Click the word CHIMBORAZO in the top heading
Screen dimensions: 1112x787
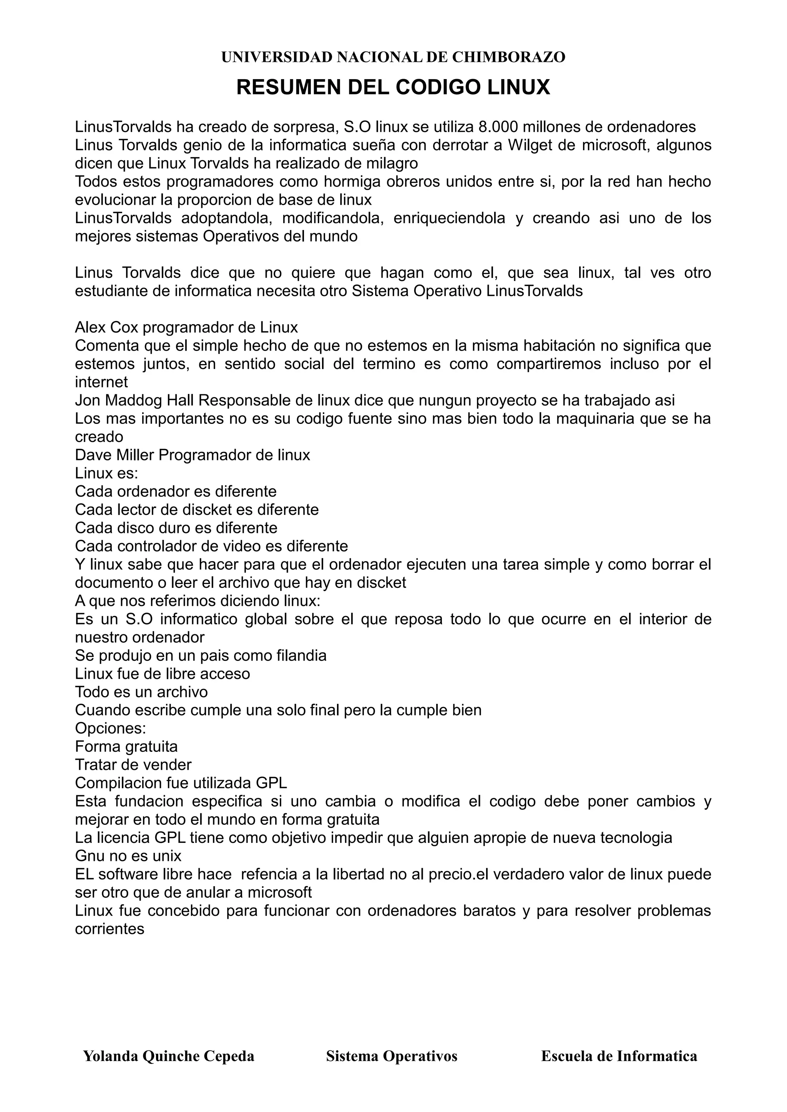(508, 57)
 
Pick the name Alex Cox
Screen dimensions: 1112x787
(106, 328)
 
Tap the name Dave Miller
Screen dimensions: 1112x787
(115, 455)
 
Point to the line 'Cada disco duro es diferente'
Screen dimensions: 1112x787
(176, 528)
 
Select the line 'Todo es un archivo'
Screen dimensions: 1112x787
(141, 692)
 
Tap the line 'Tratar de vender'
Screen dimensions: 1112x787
(133, 765)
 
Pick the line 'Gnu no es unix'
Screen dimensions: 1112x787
(128, 856)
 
